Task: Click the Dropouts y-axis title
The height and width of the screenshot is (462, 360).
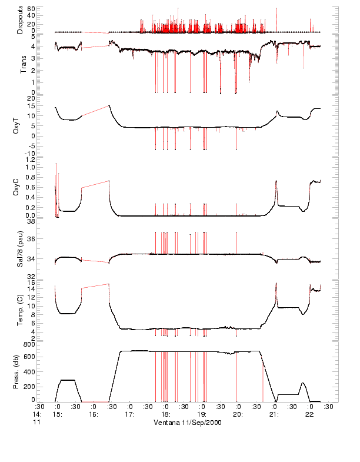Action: click(21, 20)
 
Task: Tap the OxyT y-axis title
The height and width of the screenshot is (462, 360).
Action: click(21, 125)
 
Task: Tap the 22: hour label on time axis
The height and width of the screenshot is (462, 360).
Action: click(309, 414)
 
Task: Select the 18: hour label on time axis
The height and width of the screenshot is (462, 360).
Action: click(165, 414)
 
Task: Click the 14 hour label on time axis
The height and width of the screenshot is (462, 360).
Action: click(39, 414)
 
